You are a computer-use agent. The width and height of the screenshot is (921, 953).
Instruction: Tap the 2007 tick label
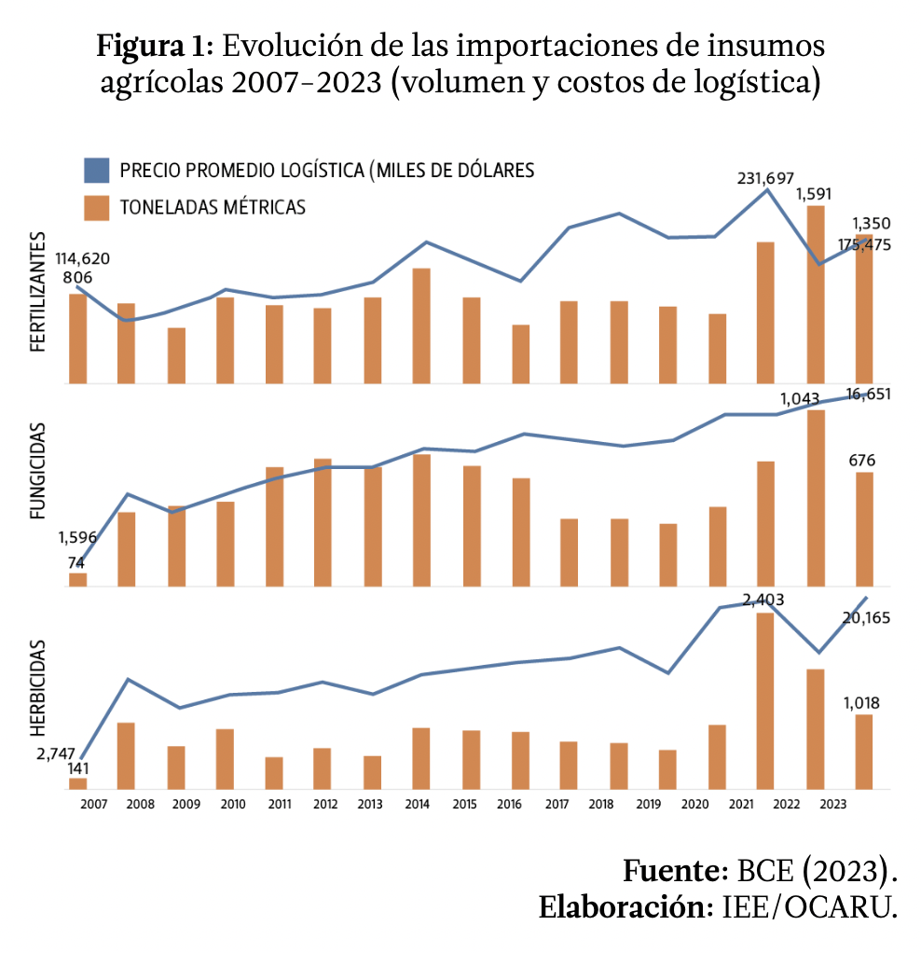pyautogui.click(x=93, y=805)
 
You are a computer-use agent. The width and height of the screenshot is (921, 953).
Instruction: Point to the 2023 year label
pyautogui.click(x=835, y=805)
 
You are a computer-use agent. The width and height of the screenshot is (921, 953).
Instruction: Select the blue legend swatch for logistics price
pyautogui.click(x=97, y=171)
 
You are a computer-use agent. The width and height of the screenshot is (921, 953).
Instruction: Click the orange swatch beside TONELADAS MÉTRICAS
pyautogui.click(x=97, y=207)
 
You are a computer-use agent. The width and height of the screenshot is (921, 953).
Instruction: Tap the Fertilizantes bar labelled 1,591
pyautogui.click(x=815, y=294)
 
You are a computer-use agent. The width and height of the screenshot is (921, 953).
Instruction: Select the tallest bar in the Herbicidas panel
pyautogui.click(x=765, y=700)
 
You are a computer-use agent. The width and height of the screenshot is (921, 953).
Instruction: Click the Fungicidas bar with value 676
pyautogui.click(x=864, y=529)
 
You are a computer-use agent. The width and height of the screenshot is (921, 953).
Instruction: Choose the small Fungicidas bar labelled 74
pyautogui.click(x=78, y=579)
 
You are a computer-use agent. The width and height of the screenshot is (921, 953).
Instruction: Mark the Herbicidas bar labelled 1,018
pyautogui.click(x=864, y=752)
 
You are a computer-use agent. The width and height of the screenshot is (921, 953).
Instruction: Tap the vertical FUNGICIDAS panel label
pyautogui.click(x=38, y=470)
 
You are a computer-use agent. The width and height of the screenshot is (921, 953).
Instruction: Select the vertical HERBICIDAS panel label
pyautogui.click(x=38, y=687)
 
